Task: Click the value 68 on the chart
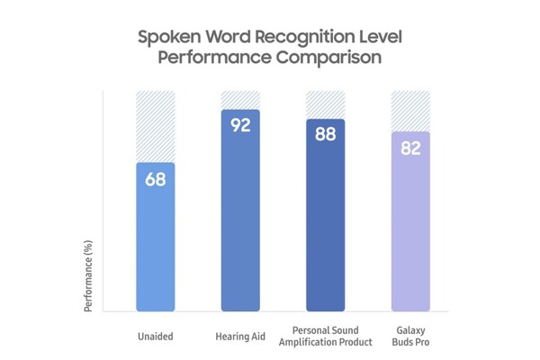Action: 155,179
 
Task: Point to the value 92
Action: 240,125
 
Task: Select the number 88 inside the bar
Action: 325,134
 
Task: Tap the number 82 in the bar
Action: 410,148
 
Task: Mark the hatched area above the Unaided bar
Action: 155,126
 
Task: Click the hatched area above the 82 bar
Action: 410,111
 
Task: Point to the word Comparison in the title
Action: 327,57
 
